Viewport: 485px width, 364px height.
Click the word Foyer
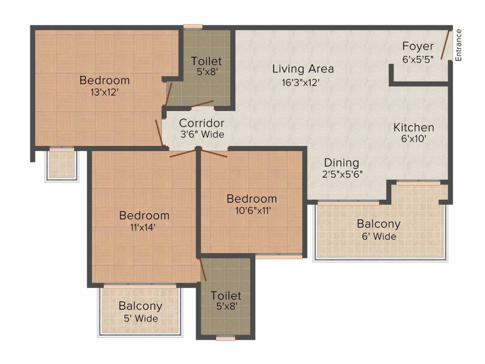(x=418, y=46)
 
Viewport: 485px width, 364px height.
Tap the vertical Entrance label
(x=458, y=45)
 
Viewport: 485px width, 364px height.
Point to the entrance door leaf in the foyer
(x=445, y=45)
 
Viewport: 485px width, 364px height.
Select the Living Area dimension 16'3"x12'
(x=301, y=82)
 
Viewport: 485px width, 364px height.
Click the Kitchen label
(x=413, y=127)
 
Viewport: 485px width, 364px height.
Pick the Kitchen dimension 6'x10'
(x=414, y=139)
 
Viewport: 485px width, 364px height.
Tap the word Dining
(x=341, y=163)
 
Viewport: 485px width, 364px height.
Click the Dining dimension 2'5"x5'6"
(x=342, y=174)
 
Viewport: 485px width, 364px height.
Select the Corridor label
(x=201, y=123)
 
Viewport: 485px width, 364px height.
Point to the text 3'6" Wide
(x=202, y=134)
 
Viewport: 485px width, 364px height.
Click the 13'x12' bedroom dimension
(x=105, y=92)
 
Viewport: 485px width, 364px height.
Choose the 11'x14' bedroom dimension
(x=143, y=227)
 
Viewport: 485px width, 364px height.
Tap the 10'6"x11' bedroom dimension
(x=253, y=210)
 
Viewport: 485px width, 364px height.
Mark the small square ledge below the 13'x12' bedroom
(x=62, y=164)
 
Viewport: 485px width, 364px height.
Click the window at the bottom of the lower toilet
(x=225, y=338)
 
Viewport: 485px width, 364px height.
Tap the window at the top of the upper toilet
(x=193, y=27)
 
